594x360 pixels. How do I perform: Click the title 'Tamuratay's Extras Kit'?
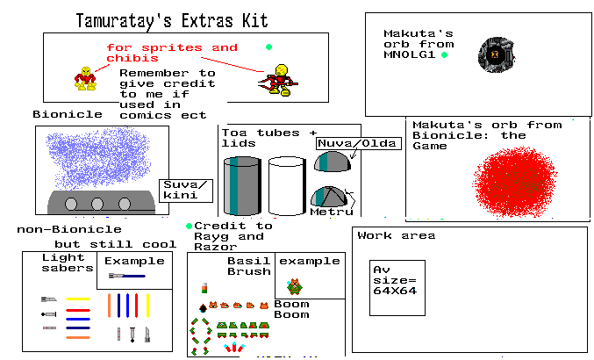[x=172, y=19]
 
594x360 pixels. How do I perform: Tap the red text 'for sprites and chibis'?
[x=171, y=52]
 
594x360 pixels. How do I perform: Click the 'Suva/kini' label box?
[x=185, y=190]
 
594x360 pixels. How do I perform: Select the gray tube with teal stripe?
[x=241, y=185]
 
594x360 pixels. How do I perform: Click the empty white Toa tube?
[x=286, y=185]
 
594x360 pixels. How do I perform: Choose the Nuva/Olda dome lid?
[x=332, y=162]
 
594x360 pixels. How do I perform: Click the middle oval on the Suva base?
[x=98, y=205]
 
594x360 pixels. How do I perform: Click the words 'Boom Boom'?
[x=291, y=310]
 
